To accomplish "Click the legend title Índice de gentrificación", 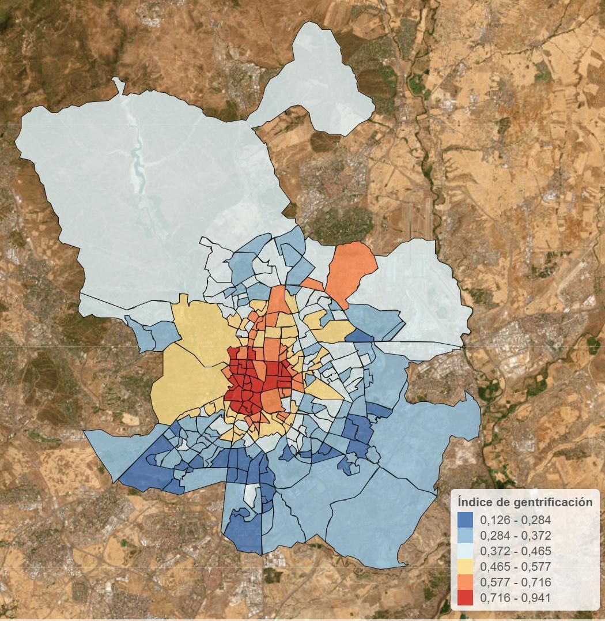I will (x=525, y=502).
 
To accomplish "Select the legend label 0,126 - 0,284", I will (x=515, y=520).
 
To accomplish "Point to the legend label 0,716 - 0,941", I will (x=515, y=598).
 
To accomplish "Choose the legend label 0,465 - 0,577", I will (x=515, y=567).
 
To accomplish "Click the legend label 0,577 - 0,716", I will (x=515, y=582).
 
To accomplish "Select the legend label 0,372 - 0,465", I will (x=515, y=551).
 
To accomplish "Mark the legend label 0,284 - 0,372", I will (x=515, y=536).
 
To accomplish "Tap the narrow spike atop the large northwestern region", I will (x=120, y=85).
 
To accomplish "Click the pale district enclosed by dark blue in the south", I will (x=250, y=495).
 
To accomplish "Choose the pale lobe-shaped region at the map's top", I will (x=323, y=81).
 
